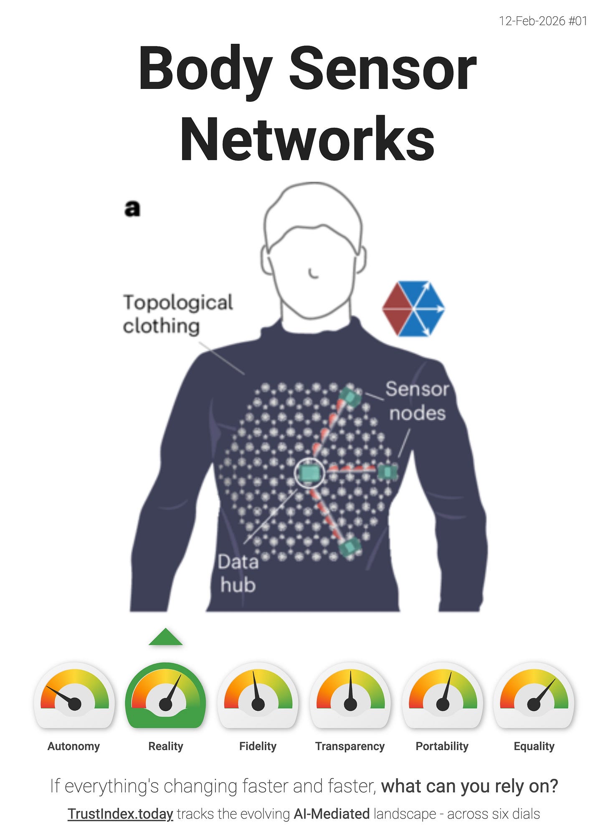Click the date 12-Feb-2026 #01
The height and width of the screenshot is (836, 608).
(x=543, y=21)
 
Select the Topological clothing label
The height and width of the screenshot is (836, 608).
(x=177, y=314)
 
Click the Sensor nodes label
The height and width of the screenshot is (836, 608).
(x=417, y=401)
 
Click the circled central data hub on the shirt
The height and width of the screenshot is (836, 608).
(x=309, y=473)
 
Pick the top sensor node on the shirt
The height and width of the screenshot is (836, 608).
(x=350, y=397)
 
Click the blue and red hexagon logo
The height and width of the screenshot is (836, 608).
(x=413, y=309)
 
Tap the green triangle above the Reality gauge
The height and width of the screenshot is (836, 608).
(x=166, y=637)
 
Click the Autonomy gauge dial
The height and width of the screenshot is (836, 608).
(x=74, y=695)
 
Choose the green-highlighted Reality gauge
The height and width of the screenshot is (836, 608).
(x=166, y=695)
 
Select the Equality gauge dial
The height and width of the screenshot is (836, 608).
(x=534, y=695)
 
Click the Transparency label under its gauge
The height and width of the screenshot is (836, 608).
(x=350, y=746)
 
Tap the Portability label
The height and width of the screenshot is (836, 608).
(x=442, y=746)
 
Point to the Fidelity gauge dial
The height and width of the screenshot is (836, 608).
(x=258, y=695)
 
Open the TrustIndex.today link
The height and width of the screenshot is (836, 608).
(x=120, y=814)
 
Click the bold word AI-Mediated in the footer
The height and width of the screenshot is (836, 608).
(x=332, y=814)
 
